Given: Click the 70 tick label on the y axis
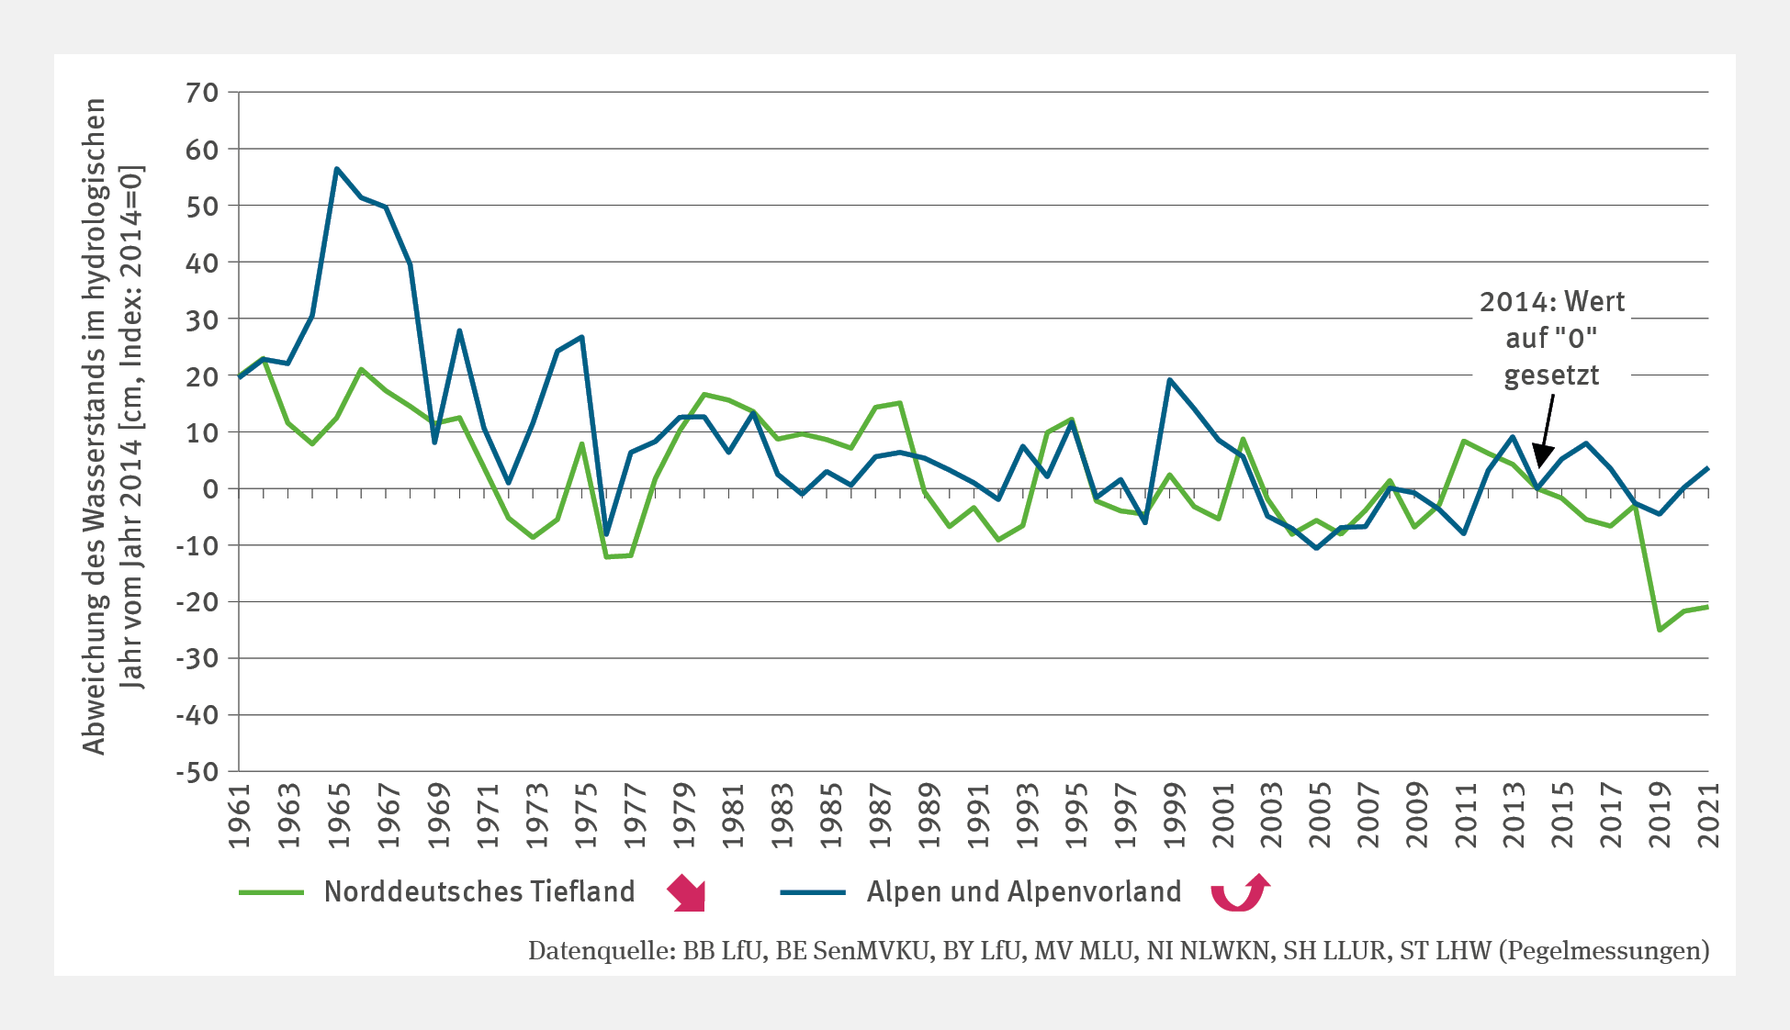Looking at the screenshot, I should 202,93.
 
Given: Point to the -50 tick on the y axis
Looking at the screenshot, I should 198,772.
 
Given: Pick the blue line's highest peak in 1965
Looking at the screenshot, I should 337,169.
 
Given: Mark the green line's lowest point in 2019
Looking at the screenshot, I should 1659,630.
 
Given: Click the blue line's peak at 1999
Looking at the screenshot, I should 1169,380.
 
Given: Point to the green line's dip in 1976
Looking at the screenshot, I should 606,557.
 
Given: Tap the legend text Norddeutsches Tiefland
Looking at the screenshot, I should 479,892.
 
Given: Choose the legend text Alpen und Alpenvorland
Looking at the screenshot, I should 1024,892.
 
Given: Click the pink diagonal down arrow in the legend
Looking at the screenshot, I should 687,893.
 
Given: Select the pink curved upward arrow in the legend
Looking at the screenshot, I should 1240,892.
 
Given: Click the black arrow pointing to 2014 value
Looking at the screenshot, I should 1545,431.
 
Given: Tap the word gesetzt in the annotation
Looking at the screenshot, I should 1551,375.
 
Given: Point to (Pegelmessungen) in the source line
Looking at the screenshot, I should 1604,951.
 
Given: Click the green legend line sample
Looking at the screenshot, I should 271,892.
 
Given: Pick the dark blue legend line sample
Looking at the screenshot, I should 813,892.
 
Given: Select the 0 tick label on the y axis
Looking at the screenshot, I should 210,489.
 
